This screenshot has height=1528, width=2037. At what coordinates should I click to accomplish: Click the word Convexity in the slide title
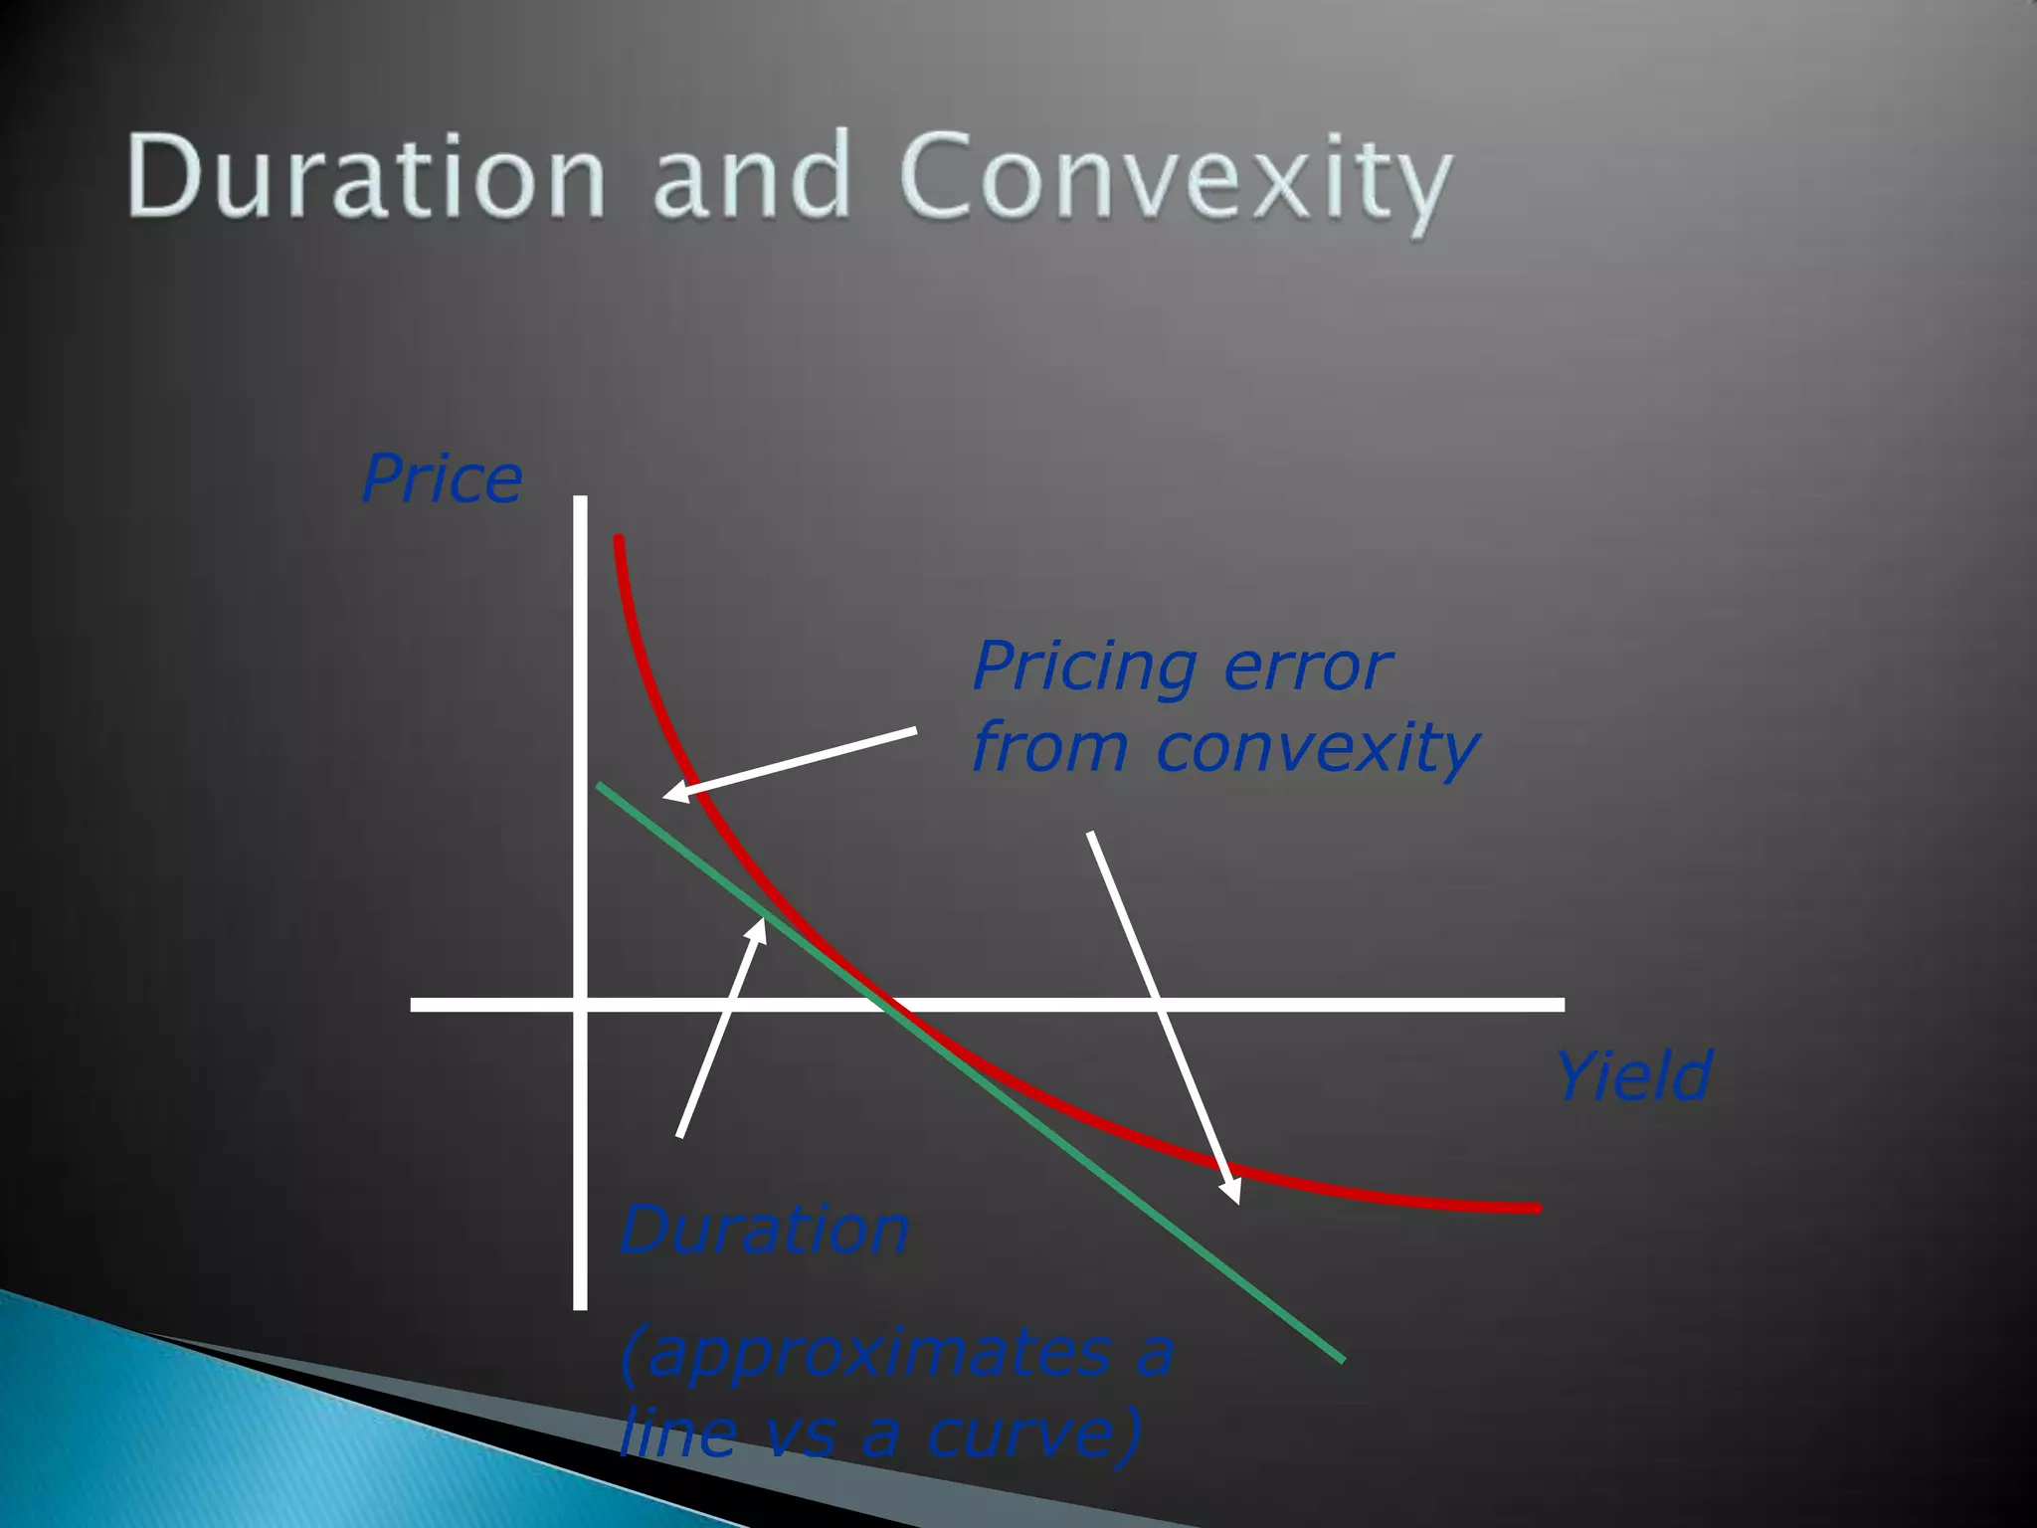point(1176,179)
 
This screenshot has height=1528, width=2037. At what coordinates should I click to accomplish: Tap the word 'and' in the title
point(751,176)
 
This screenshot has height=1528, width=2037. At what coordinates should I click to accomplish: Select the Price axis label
point(442,479)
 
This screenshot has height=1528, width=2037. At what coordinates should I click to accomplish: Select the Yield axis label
point(1633,1076)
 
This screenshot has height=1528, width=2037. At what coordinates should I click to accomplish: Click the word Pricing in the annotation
point(1085,668)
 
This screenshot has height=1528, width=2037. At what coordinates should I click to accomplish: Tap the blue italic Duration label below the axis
point(764,1231)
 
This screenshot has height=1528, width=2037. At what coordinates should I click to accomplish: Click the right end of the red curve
point(1536,1208)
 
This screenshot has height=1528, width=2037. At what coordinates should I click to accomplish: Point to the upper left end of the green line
point(601,787)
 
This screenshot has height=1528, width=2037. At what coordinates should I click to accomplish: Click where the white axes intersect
point(581,1005)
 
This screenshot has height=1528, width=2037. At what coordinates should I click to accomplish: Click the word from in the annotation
point(1048,748)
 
